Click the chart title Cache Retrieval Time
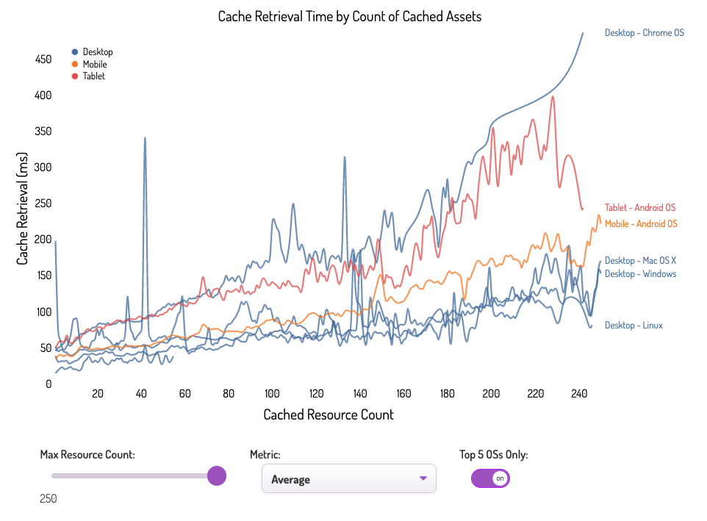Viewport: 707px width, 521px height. (x=350, y=16)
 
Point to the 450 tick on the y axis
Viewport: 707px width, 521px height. (x=43, y=60)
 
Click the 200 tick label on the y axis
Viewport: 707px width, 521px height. (x=43, y=240)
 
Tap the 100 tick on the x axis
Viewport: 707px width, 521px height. (x=273, y=394)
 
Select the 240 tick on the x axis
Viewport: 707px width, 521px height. (x=578, y=394)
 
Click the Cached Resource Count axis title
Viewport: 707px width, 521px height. (x=329, y=415)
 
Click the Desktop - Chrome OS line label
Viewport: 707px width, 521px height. (x=644, y=33)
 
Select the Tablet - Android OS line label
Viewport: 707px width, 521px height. (x=639, y=208)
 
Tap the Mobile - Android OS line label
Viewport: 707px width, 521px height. (x=640, y=224)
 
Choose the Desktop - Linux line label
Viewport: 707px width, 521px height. (x=634, y=326)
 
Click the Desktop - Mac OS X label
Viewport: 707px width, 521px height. (x=639, y=261)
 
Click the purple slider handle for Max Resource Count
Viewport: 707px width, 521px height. (x=216, y=475)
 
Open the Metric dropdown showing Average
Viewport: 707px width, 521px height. (x=348, y=479)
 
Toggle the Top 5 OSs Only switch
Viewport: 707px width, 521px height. (x=490, y=478)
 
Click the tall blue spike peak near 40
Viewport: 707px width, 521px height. (x=145, y=138)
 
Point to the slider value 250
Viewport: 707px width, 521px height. (x=49, y=499)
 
